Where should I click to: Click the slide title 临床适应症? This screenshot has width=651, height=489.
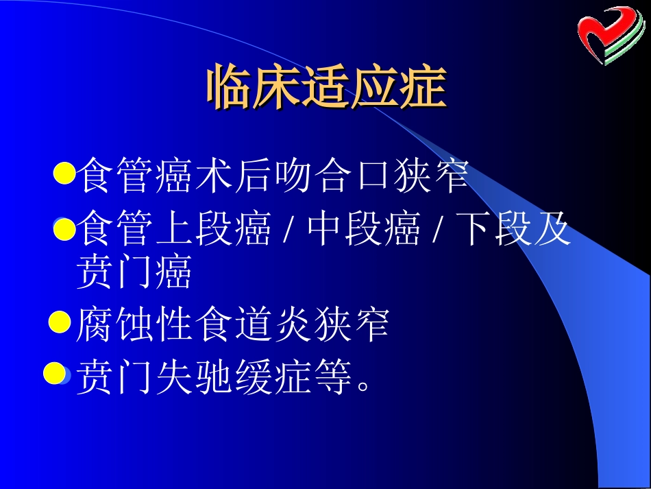coord(326,88)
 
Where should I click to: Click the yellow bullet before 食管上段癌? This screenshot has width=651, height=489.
coord(64,229)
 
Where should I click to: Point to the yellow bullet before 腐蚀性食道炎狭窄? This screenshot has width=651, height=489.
coord(61,321)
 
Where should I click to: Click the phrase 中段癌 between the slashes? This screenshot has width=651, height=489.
coord(364,230)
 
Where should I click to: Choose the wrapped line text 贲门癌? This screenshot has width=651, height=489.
coord(134,273)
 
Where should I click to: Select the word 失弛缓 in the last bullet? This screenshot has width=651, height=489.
coord(209,378)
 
